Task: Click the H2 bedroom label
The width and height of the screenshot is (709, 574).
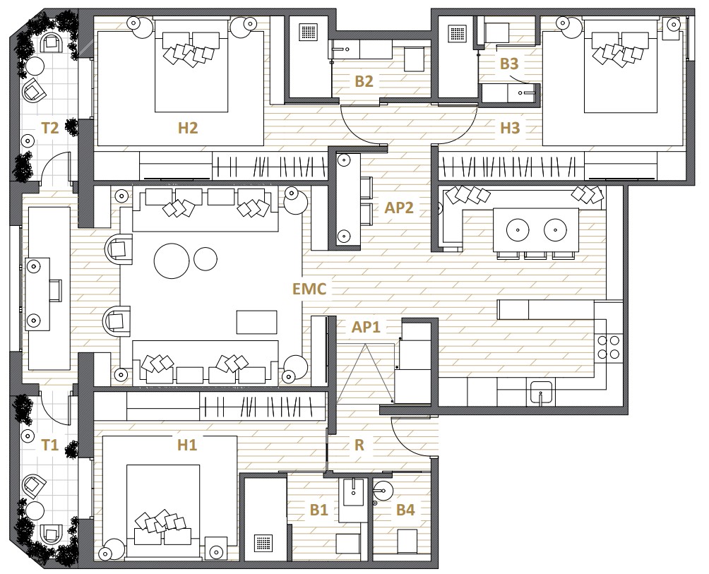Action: point(188,128)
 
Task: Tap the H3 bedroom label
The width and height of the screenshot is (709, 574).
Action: point(510,128)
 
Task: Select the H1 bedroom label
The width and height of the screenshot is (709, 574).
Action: point(186,446)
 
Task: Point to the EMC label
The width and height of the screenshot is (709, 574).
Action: point(309,289)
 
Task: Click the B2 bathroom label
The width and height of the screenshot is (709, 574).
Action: point(364,81)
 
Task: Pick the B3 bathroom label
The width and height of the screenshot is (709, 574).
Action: point(508,64)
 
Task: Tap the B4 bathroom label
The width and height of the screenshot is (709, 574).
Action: point(405,510)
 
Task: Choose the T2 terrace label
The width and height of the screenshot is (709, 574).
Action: point(49,128)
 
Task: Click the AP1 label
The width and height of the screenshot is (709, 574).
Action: point(366,327)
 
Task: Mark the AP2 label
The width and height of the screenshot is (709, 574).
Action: point(399,208)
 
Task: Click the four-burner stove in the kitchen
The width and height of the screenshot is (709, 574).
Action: point(608,347)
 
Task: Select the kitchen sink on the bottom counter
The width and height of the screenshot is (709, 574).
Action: point(541,393)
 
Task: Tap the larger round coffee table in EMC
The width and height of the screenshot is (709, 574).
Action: point(172,261)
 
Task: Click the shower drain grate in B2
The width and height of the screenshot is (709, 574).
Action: point(309,33)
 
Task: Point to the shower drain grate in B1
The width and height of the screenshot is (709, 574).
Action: point(263,543)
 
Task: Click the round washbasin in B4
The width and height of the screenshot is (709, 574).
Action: point(383,489)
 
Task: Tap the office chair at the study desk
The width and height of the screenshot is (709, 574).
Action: point(55,290)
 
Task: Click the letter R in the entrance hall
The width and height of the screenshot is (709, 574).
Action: point(359,446)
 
